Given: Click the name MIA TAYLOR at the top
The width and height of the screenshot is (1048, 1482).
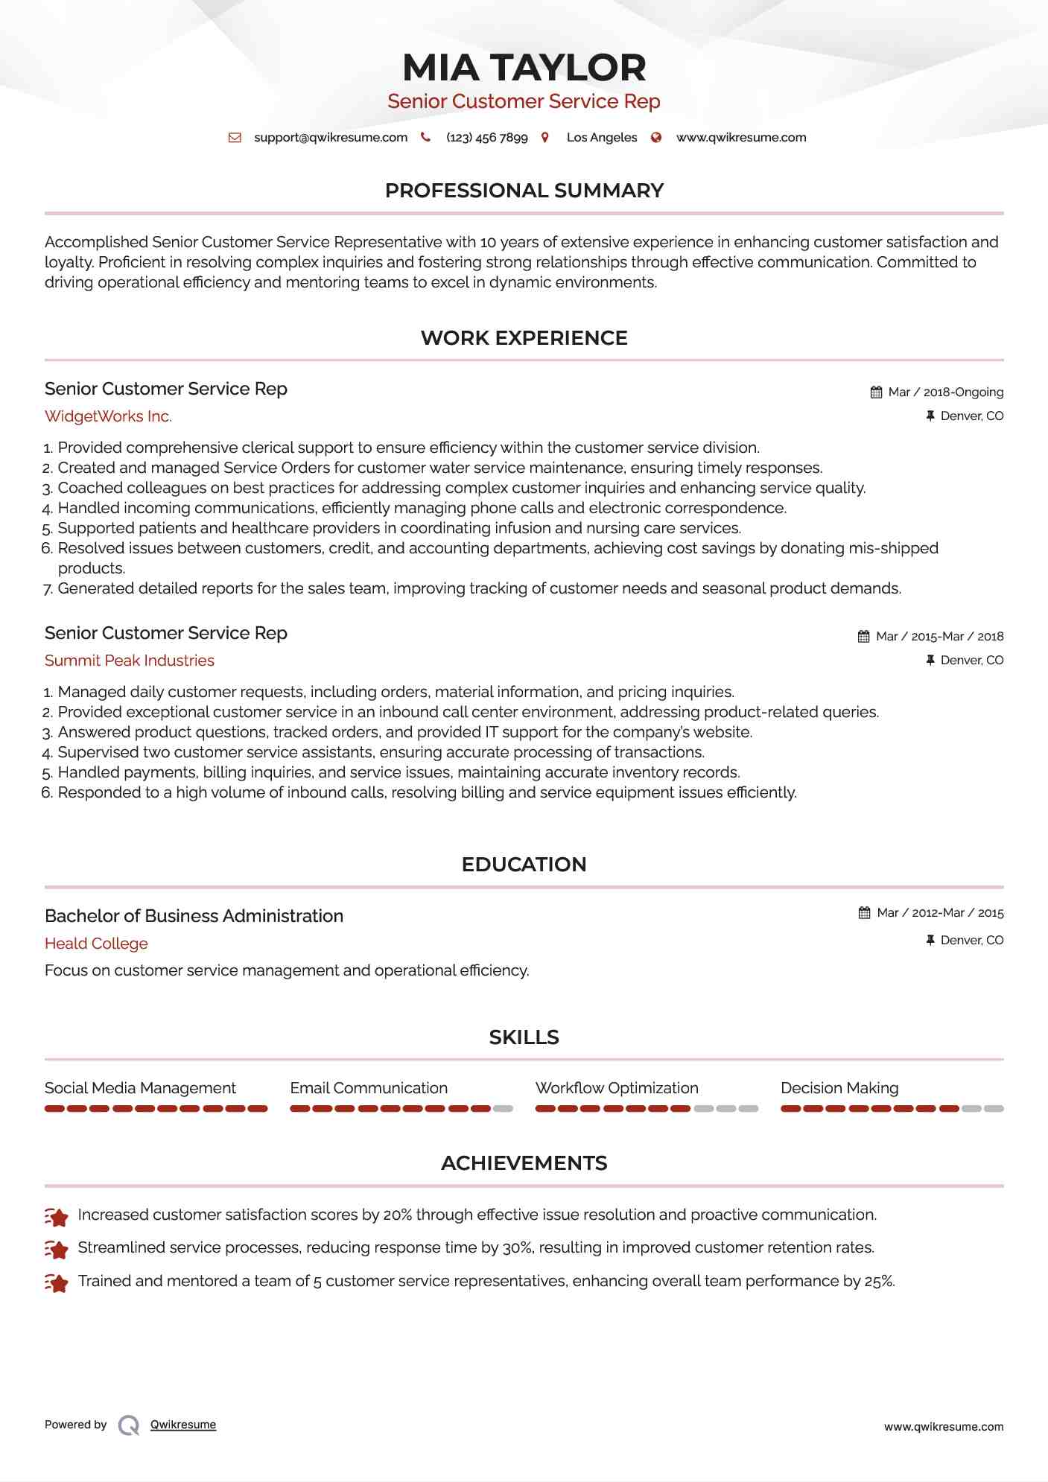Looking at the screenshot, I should (x=524, y=68).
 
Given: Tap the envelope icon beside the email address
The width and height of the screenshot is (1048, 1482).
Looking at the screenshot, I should (x=235, y=138).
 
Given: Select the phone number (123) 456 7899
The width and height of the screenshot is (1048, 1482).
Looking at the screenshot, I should (x=486, y=138).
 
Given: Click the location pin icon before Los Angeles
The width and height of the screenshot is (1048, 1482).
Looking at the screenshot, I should (x=545, y=138).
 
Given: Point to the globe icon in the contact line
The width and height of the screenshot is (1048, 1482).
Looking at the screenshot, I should (x=656, y=138).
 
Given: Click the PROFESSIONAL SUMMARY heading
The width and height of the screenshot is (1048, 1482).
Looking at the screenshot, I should (x=524, y=191).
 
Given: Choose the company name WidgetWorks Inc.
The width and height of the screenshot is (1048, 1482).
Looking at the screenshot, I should (x=108, y=416).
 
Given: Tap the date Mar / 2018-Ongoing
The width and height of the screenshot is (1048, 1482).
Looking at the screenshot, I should (x=945, y=392).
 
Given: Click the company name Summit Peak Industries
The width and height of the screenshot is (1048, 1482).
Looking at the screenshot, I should (x=129, y=661).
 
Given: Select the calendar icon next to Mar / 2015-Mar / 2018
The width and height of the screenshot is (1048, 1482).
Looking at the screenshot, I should (x=863, y=637).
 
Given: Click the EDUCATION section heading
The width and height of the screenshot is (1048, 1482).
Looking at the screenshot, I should (x=524, y=865).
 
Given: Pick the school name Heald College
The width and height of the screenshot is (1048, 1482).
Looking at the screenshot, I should (x=96, y=944).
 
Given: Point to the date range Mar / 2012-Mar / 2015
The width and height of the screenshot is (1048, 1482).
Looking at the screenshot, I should (x=940, y=913).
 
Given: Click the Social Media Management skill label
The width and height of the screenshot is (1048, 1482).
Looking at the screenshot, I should (x=140, y=1088).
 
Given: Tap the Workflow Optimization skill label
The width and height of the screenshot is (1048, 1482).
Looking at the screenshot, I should (x=617, y=1088).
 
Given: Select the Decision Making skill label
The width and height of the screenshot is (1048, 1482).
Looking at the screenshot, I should (x=839, y=1088).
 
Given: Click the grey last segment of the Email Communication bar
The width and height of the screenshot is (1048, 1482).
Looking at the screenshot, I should (x=503, y=1109).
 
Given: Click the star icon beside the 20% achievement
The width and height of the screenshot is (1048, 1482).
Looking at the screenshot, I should (x=57, y=1217).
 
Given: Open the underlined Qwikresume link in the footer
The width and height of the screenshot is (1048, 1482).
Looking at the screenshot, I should (x=183, y=1425).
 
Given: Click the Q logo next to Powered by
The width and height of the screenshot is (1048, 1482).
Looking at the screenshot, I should (x=129, y=1425).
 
